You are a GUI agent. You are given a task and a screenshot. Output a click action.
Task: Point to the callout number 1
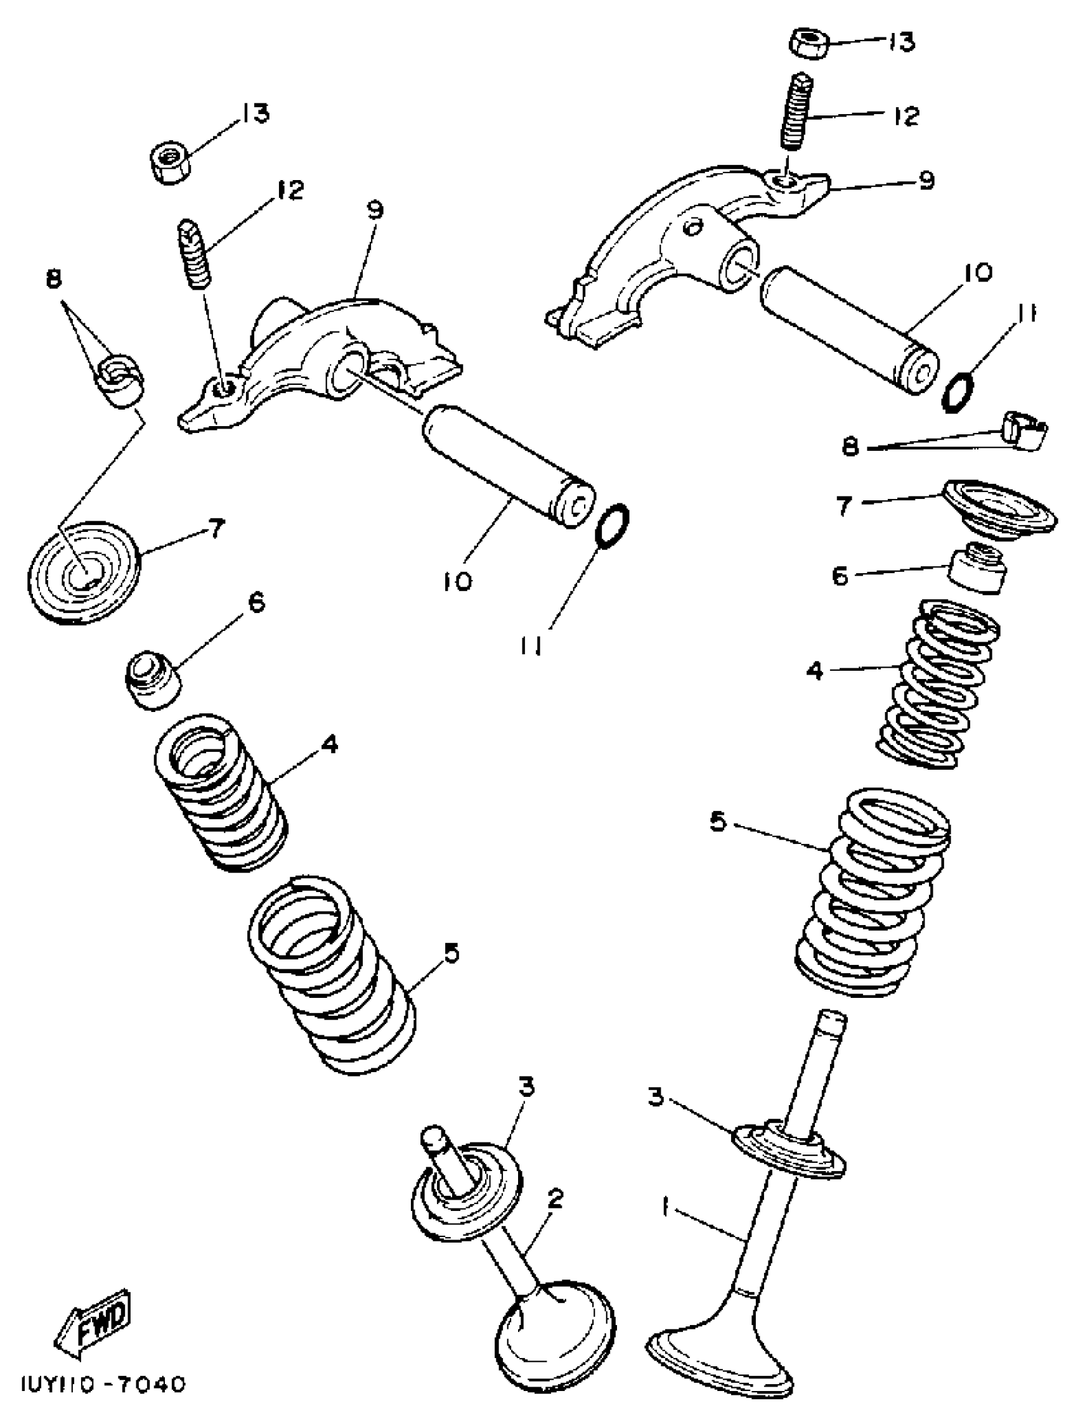click(x=666, y=1206)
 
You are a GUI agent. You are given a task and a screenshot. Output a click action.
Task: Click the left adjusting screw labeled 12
click(x=193, y=254)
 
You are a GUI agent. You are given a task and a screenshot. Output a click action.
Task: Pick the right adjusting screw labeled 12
click(x=796, y=111)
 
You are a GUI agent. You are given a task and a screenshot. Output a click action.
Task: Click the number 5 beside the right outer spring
click(x=718, y=822)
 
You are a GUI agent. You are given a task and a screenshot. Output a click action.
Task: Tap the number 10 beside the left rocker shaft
click(x=457, y=581)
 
